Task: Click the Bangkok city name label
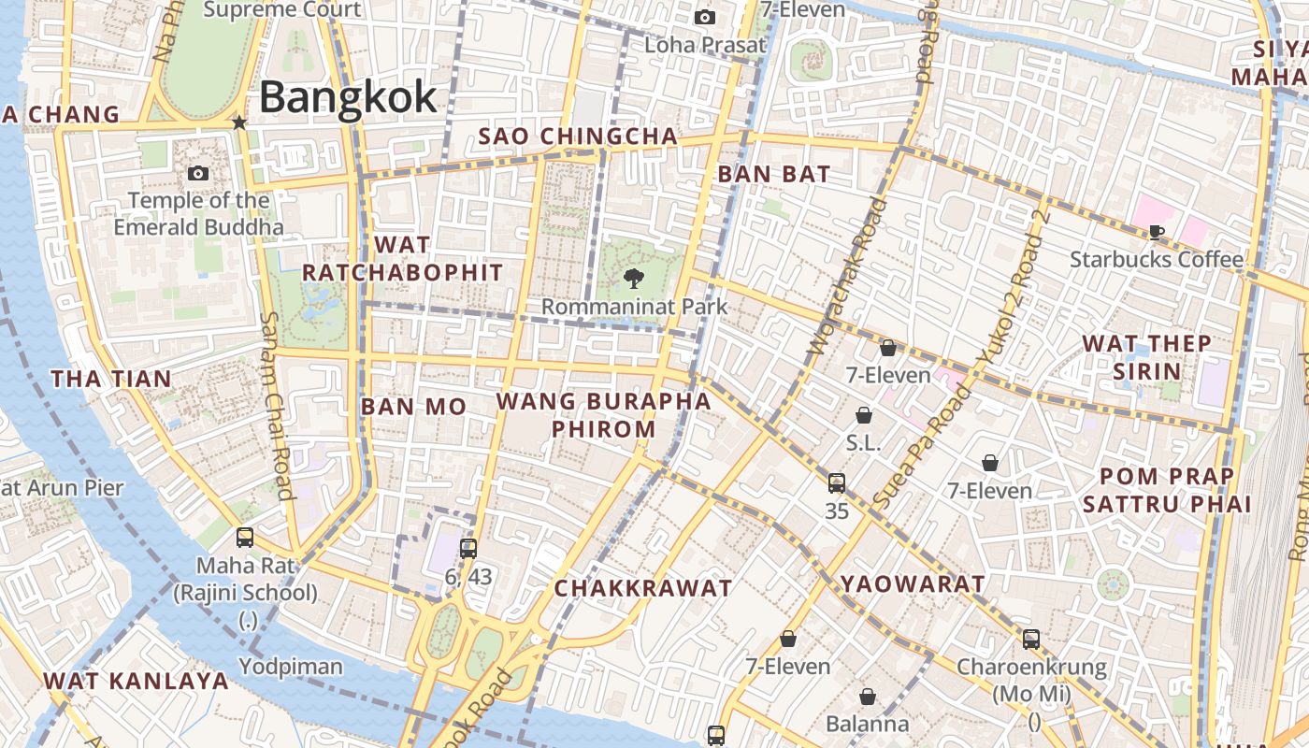coord(348,97)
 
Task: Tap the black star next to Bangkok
coord(239,122)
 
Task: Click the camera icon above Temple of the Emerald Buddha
coord(198,173)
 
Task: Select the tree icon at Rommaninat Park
coord(634,278)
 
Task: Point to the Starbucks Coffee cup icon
coord(1157,232)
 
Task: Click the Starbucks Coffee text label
coord(1157,259)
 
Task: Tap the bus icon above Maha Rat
coord(245,538)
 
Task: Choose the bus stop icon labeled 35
coord(837,483)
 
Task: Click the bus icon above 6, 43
coord(468,549)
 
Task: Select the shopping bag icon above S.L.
coord(864,415)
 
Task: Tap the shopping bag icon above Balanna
coord(868,697)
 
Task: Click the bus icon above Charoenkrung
coord(1031,640)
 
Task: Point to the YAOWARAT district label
coord(912,584)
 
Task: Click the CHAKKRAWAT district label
coord(643,588)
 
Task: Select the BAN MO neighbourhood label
coord(413,407)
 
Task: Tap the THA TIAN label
coord(111,379)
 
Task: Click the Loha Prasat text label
coord(705,44)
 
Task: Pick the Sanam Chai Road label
coord(277,405)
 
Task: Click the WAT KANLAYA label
coord(137,681)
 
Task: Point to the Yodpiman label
coord(291,667)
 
